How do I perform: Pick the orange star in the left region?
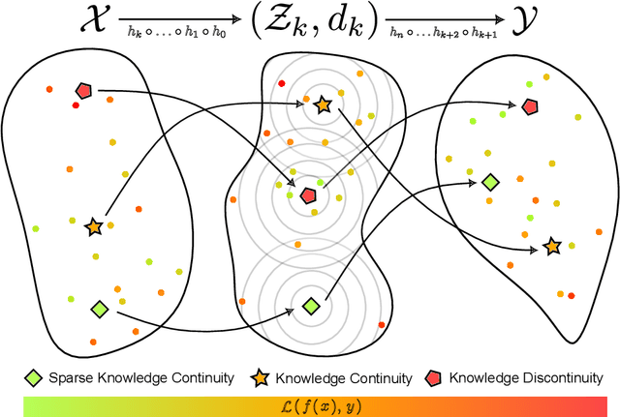(x=94, y=227)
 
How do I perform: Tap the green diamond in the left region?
(x=99, y=309)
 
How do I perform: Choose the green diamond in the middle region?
(x=310, y=306)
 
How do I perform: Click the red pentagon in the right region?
(x=529, y=105)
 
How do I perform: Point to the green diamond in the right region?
(x=491, y=181)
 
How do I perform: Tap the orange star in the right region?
(x=551, y=247)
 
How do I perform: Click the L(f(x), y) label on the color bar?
(x=310, y=403)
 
